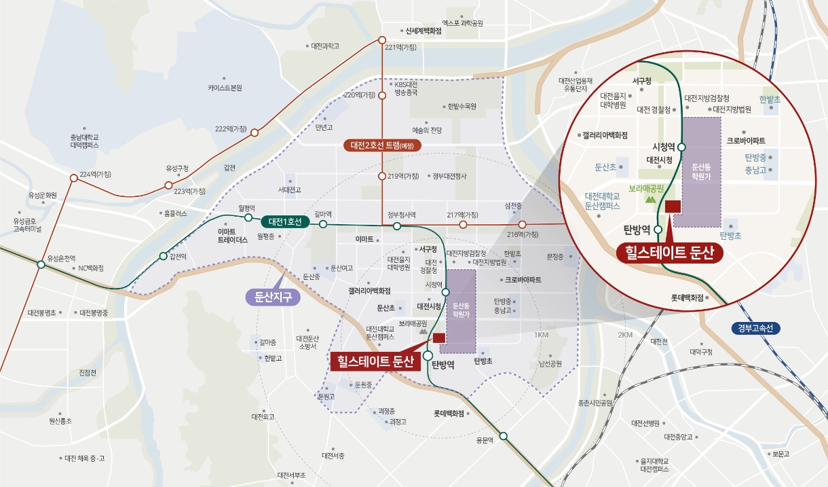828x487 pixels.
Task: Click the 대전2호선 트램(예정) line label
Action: [x=383, y=145]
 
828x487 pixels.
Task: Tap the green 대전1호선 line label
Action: [x=285, y=222]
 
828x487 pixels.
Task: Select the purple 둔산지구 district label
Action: [x=269, y=297]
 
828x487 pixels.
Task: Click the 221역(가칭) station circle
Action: [x=381, y=40]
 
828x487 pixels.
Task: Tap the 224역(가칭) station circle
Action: [x=74, y=178]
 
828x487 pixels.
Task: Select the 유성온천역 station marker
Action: [x=41, y=266]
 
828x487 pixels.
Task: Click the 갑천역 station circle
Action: [x=163, y=256]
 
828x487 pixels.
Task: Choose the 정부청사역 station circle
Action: [x=397, y=225]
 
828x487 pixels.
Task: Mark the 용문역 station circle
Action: [x=503, y=436]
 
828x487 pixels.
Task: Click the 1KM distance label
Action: [x=541, y=336]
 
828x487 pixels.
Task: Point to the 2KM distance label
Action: [x=625, y=336]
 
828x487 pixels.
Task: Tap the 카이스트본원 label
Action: [x=225, y=88]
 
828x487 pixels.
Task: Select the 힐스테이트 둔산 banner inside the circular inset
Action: [x=669, y=253]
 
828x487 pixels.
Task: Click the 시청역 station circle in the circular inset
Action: [x=681, y=147]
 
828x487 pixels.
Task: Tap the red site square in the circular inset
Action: [x=673, y=206]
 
